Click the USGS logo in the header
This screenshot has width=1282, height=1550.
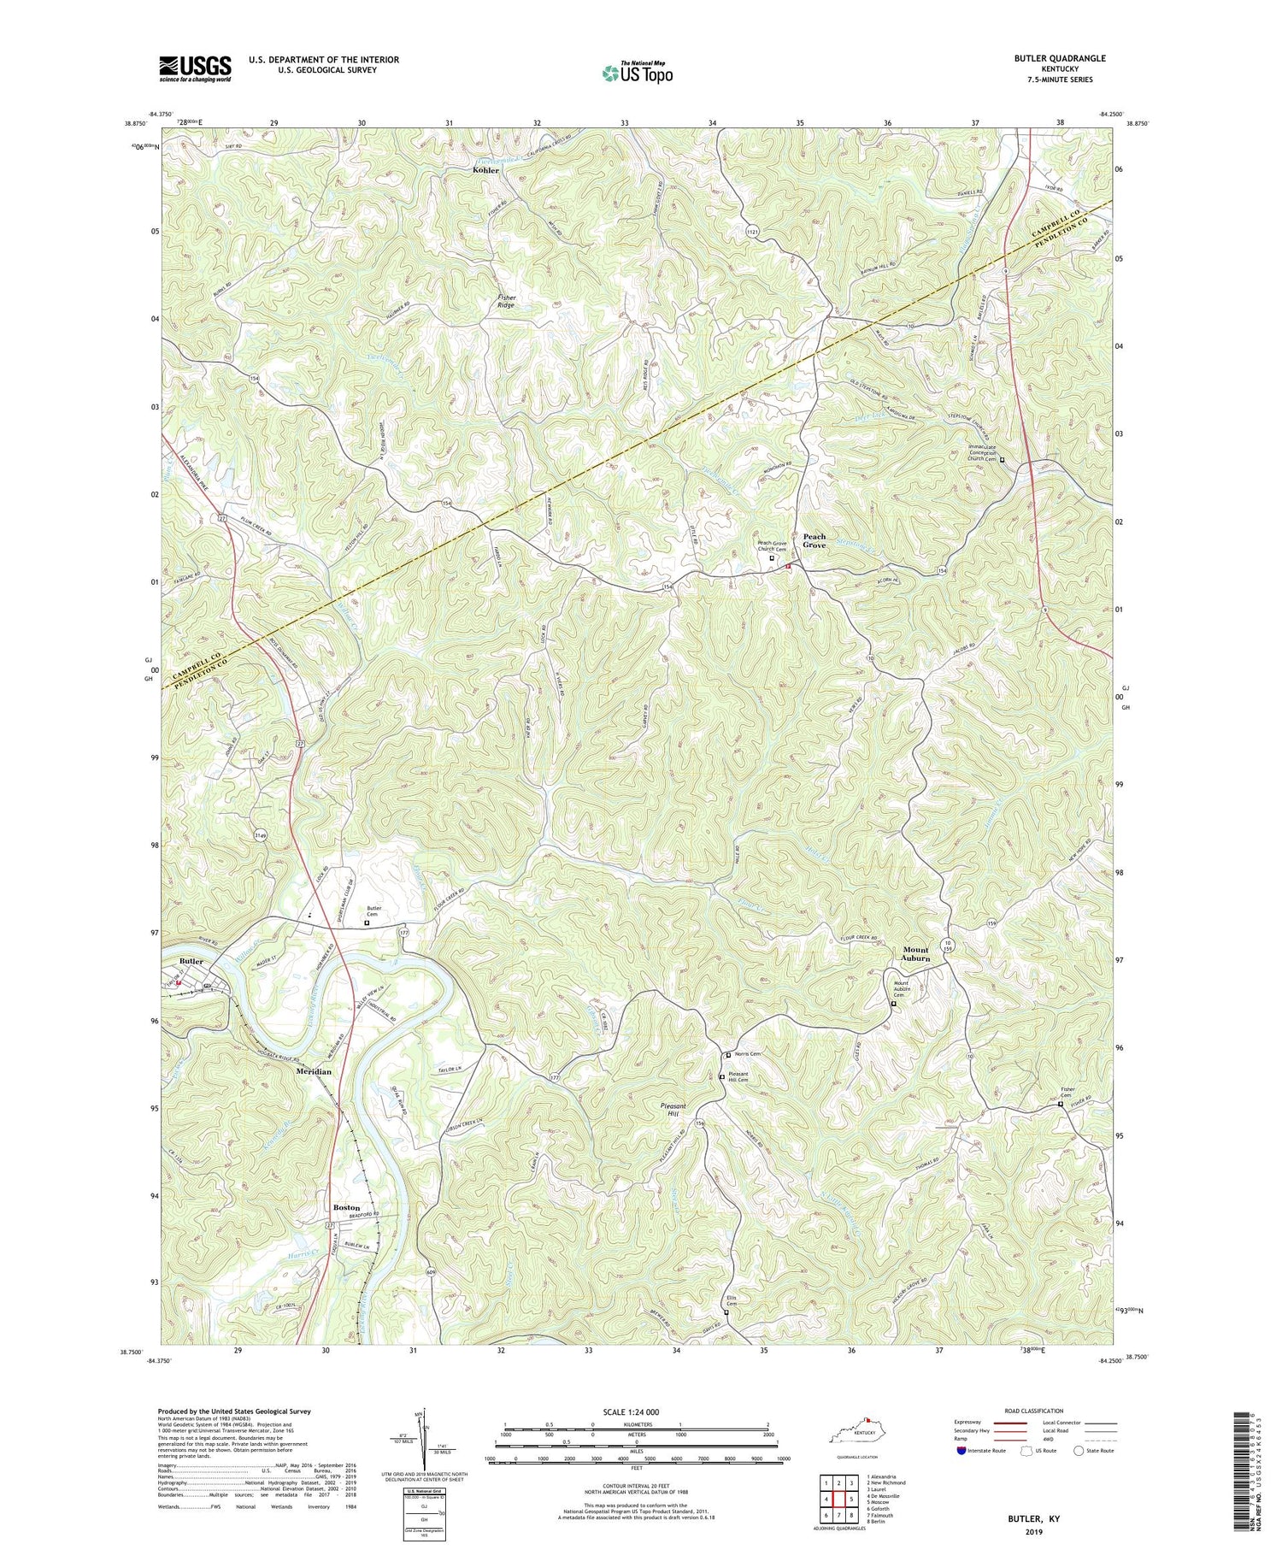click(195, 68)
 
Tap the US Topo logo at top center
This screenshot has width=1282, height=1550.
click(636, 73)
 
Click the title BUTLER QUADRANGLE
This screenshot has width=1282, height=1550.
click(1060, 58)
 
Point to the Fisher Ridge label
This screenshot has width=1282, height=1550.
click(508, 300)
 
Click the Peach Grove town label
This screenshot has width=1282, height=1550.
click(814, 540)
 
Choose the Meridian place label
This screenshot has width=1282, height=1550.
click(314, 1070)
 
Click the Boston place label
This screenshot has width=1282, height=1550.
click(346, 1207)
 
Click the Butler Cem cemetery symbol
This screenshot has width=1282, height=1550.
click(368, 923)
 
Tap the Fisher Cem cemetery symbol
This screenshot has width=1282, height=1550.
click(1061, 1104)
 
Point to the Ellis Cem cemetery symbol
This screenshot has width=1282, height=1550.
click(726, 1312)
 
